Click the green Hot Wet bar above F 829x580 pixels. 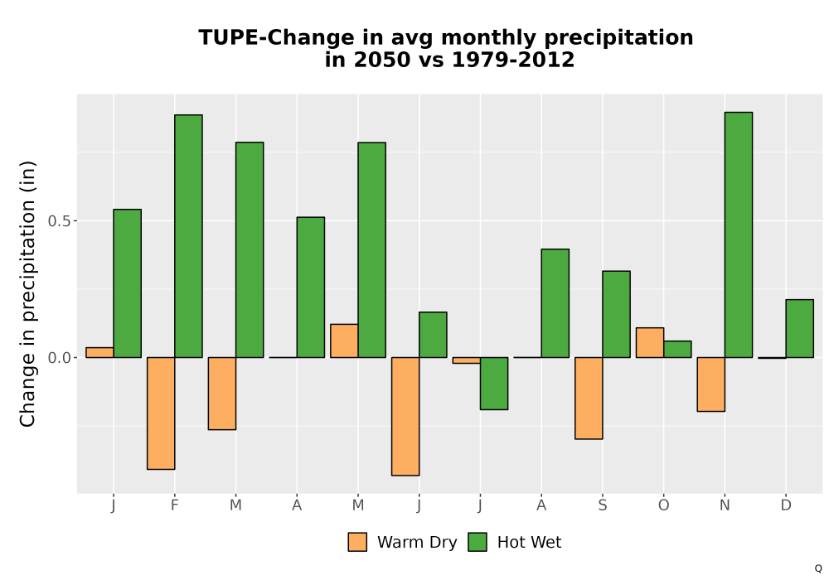coord(188,236)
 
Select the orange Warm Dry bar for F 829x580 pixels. coord(161,413)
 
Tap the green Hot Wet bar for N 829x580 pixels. coord(739,234)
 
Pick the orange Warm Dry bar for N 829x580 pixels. coord(711,384)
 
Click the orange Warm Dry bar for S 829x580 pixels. coord(589,399)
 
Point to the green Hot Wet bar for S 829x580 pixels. coord(617,314)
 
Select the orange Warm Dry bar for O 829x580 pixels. coord(650,343)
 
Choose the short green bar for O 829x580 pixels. coord(677,349)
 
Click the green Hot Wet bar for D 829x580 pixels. coord(799,329)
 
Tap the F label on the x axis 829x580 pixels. coord(174,505)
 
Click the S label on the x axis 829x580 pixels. coord(603,505)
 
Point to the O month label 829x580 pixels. coord(663,505)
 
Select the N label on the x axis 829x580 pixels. coord(725,505)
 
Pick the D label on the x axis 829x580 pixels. coord(786,505)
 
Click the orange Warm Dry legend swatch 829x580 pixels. coord(357,542)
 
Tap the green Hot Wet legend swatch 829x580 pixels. coord(478,542)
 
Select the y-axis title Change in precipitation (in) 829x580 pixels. coord(27,293)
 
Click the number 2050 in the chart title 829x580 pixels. coord(381,60)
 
